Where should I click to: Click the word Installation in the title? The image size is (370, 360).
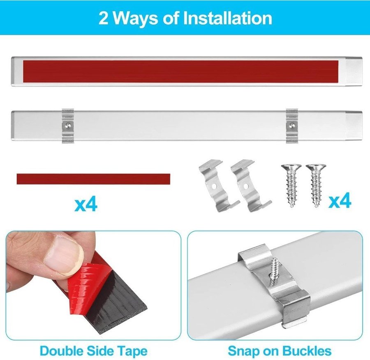click(x=227, y=18)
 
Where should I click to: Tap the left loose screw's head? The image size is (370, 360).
click(x=291, y=167)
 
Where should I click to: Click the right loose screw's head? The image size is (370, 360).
click(x=316, y=167)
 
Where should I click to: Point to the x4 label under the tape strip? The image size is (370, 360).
click(x=86, y=205)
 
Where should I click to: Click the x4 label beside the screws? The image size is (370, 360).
click(x=340, y=201)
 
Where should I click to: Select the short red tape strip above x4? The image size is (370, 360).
click(x=93, y=179)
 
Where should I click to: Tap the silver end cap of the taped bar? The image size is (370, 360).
click(x=354, y=72)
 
